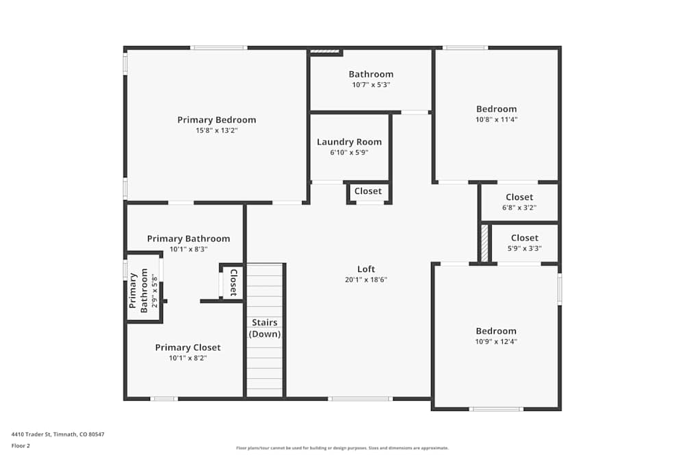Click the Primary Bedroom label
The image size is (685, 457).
(x=216, y=120)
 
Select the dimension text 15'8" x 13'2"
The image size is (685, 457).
(x=216, y=130)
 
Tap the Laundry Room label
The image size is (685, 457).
(x=349, y=143)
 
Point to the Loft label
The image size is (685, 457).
(x=366, y=269)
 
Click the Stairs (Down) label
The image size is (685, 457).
(x=264, y=328)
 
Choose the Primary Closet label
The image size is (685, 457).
(x=188, y=347)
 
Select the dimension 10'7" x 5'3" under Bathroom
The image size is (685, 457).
(x=371, y=85)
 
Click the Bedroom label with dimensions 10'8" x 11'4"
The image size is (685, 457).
(x=497, y=109)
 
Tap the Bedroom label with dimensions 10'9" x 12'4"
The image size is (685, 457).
(x=497, y=331)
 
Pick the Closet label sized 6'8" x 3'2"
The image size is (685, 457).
(x=519, y=197)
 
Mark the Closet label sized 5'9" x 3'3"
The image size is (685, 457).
(x=525, y=238)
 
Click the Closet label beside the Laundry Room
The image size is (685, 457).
(x=368, y=191)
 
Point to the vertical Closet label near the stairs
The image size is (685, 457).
(x=233, y=282)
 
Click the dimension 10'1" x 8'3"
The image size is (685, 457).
(x=188, y=249)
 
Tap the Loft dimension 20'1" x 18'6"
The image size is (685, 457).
(x=366, y=280)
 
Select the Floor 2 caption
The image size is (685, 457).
(x=21, y=445)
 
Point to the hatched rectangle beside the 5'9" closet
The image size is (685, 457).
(x=484, y=243)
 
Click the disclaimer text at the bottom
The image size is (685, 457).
(x=342, y=448)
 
